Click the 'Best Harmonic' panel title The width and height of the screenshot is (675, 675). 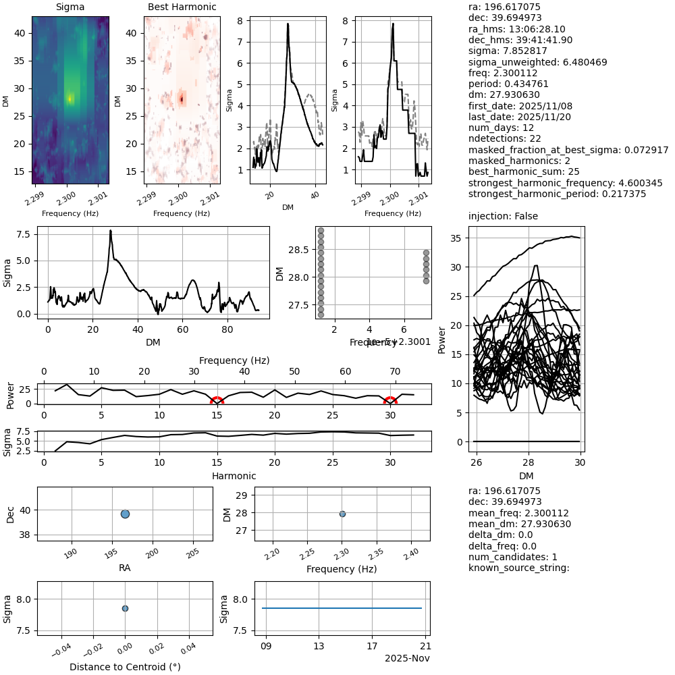(x=182, y=7)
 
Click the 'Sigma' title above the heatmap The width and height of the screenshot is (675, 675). (x=70, y=7)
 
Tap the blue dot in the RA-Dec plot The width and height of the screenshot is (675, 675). (x=125, y=514)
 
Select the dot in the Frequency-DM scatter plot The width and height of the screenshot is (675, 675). (x=342, y=514)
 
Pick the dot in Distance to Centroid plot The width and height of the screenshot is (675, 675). (x=125, y=608)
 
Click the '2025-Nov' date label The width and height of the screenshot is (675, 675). (x=407, y=658)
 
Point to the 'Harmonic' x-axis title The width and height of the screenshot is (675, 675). (x=234, y=476)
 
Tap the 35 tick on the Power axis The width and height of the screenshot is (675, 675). (x=456, y=238)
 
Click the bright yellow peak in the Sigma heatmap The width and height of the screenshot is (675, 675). (x=70, y=99)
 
